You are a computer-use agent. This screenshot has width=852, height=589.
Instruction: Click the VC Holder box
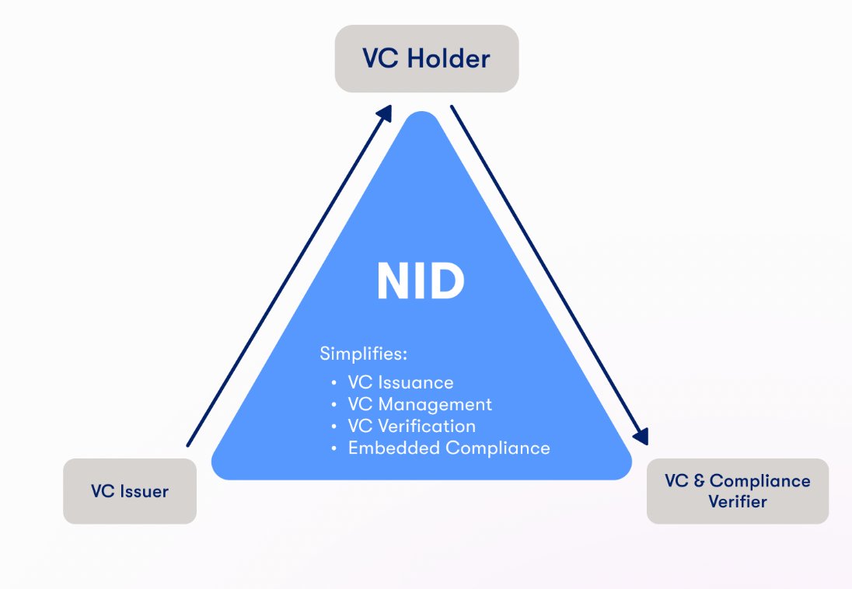coord(426,59)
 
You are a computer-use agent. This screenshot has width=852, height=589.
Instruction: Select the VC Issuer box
coord(130,490)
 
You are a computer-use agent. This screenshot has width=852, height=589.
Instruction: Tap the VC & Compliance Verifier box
coord(737,490)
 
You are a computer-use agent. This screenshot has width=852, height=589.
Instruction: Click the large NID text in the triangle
coord(421,281)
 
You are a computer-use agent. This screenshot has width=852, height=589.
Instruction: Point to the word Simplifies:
coord(364,354)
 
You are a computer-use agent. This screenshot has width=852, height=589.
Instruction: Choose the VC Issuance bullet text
coord(400,382)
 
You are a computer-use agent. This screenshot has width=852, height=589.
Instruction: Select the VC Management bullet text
coord(420,404)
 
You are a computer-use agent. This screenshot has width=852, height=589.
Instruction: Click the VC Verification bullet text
coord(411,426)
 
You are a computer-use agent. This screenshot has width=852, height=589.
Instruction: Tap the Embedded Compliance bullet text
coord(449,448)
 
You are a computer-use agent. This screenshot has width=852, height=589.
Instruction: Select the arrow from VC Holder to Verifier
coord(548,272)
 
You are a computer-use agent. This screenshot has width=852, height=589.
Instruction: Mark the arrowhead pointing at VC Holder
coord(384,113)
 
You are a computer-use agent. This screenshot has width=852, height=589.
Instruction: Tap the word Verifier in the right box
coord(737,501)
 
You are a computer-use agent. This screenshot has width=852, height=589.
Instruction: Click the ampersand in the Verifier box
coord(697,481)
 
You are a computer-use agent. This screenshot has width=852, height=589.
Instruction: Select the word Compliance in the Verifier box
coord(759,481)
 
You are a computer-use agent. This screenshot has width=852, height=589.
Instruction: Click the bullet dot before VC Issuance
coord(334,383)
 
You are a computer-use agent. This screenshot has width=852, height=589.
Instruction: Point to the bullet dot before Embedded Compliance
coord(334,448)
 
